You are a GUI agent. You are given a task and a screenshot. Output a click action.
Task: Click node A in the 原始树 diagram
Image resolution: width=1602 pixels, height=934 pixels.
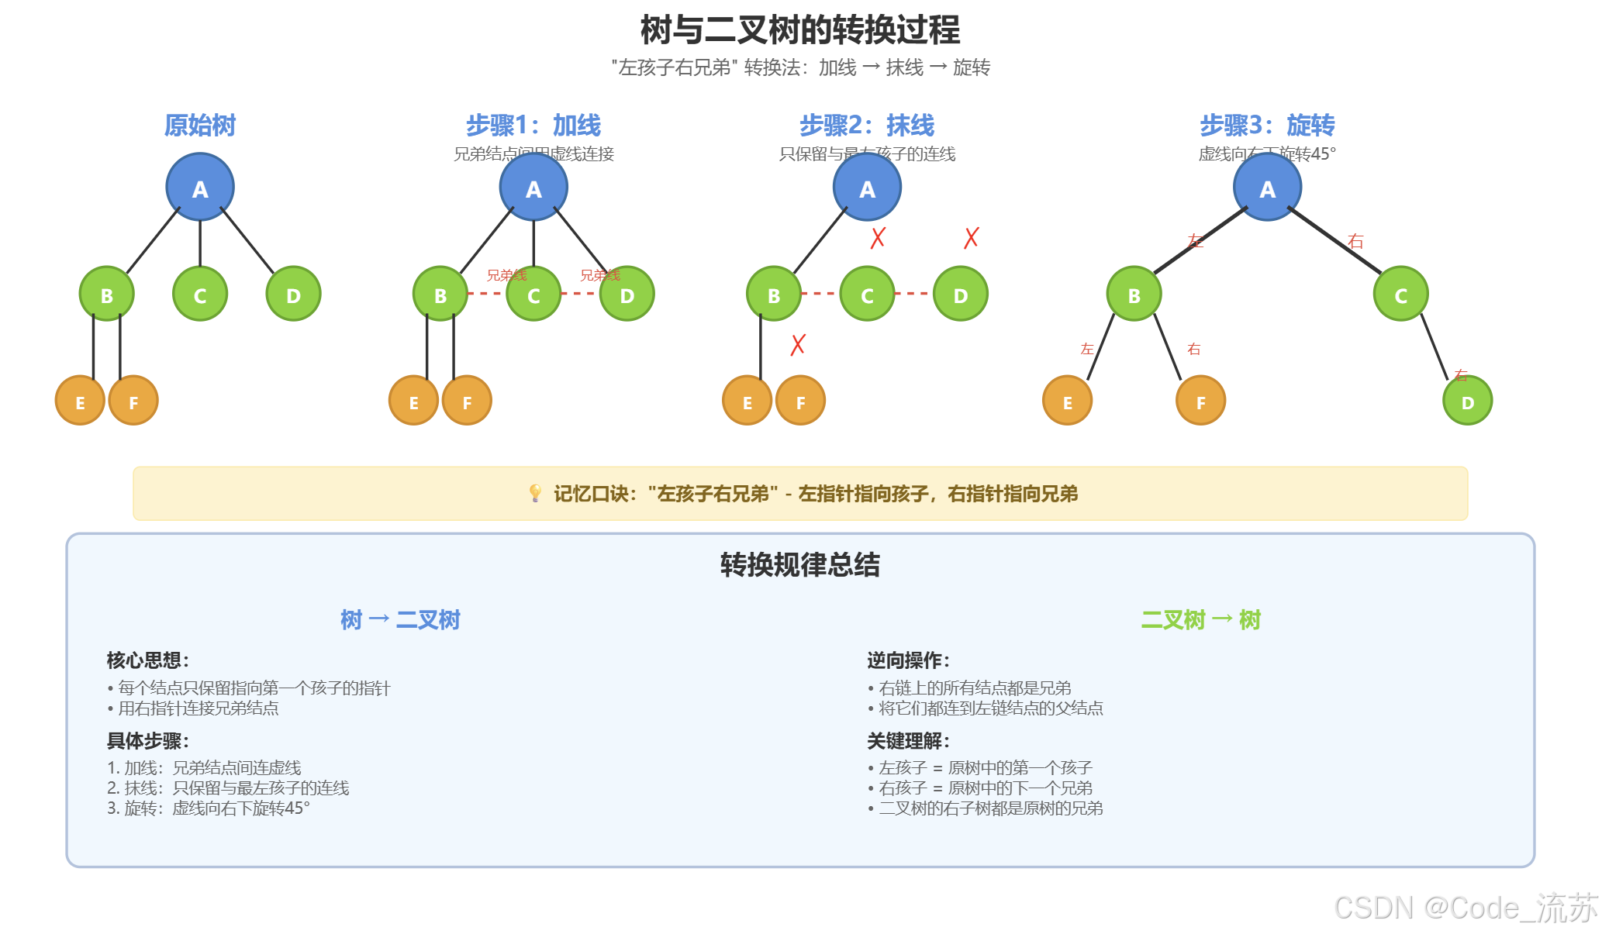(200, 188)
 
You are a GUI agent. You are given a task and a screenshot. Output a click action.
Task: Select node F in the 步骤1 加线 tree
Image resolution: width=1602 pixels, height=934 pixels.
(467, 401)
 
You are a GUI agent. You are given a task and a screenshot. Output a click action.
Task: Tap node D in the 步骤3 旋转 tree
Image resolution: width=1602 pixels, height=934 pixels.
(1467, 402)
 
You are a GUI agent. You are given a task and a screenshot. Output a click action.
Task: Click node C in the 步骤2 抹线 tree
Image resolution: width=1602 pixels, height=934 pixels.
(867, 295)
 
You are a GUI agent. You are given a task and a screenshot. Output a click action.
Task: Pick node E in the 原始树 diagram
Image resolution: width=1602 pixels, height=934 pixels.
(80, 401)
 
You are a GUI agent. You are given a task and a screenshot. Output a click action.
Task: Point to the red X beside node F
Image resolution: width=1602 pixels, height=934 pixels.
(798, 345)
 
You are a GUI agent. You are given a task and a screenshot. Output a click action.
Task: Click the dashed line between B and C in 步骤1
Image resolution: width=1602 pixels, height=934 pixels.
(487, 294)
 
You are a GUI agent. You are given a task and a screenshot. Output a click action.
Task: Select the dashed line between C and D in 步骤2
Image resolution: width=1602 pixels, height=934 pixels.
(913, 294)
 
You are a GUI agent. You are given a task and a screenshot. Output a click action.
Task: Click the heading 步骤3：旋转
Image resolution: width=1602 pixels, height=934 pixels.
(1267, 125)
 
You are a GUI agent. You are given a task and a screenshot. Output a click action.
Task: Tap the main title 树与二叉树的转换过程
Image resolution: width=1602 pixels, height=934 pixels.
(800, 30)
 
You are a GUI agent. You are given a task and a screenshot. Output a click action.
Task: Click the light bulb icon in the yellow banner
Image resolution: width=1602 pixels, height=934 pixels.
(535, 493)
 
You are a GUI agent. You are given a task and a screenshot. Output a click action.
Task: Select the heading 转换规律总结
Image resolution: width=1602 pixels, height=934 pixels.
(800, 564)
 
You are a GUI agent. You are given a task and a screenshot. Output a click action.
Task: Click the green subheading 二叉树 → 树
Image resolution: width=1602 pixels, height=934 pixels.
(1200, 619)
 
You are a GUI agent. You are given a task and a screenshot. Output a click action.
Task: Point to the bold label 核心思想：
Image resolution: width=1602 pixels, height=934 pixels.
(148, 660)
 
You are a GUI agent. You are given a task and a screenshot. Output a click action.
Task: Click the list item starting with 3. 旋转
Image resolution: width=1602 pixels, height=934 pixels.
(209, 808)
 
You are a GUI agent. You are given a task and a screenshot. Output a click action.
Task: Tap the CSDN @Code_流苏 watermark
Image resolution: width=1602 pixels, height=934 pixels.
(1466, 908)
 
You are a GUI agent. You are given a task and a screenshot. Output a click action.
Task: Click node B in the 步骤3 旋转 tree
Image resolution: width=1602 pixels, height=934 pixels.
(1134, 295)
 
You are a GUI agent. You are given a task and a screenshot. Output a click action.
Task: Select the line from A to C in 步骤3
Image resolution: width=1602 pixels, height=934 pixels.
(1334, 240)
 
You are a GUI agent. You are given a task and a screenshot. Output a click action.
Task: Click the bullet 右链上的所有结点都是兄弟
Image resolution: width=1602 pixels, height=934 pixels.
(974, 688)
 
